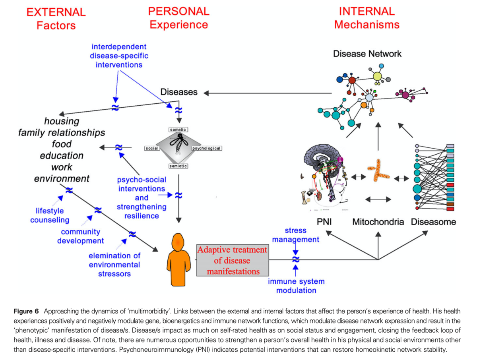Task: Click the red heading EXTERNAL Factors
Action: pyautogui.click(x=56, y=19)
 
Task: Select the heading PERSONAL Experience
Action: pyautogui.click(x=178, y=17)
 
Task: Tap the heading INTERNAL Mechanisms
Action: pyautogui.click(x=366, y=17)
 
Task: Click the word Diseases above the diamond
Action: pyautogui.click(x=179, y=92)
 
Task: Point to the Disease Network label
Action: pyautogui.click(x=367, y=54)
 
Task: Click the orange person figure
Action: pyautogui.click(x=179, y=260)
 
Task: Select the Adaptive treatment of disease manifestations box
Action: pyautogui.click(x=232, y=261)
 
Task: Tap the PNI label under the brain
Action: pyautogui.click(x=324, y=222)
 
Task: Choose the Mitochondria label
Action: pyautogui.click(x=378, y=222)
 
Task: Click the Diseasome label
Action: pyautogui.click(x=433, y=222)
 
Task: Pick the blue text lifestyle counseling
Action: pyautogui.click(x=50, y=215)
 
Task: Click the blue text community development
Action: pyautogui.click(x=80, y=236)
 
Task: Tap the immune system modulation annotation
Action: pyautogui.click(x=296, y=286)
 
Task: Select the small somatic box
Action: pyautogui.click(x=178, y=130)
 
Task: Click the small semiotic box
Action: pyautogui.click(x=178, y=166)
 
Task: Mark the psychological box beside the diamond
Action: pyautogui.click(x=207, y=148)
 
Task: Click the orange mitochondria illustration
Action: pyautogui.click(x=378, y=171)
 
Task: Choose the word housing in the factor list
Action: pyautogui.click(x=62, y=121)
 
